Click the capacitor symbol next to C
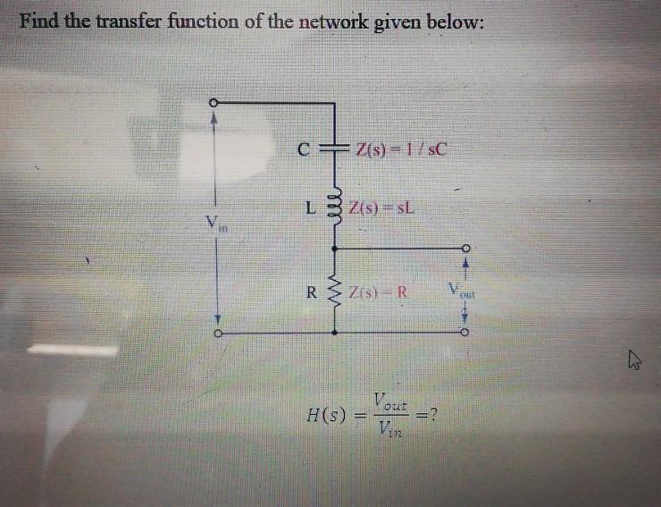334,148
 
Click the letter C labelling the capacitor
305,149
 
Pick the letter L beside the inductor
308,211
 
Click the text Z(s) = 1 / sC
398,148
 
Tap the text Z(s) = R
381,291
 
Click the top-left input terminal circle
213,103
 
